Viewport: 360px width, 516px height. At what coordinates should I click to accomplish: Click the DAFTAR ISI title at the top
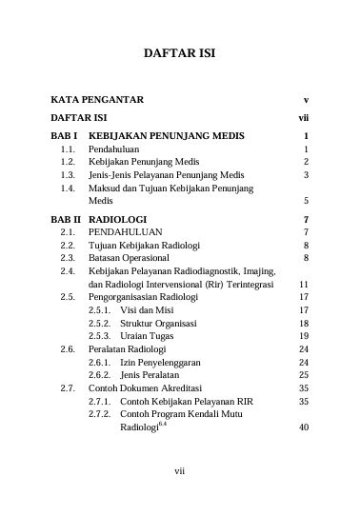tap(179, 53)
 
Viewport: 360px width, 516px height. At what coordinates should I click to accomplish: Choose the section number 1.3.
tap(68, 175)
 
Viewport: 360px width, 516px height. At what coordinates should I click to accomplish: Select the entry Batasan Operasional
tap(130, 257)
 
